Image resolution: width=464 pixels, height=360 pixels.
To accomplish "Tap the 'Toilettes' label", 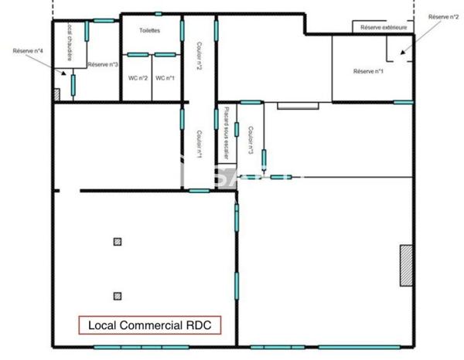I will coord(149,31).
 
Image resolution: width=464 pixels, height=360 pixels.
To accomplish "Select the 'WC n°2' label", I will coord(138,78).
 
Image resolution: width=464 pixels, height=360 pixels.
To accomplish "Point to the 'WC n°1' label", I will coord(165,78).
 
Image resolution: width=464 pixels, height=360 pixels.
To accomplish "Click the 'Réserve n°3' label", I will coord(103,65).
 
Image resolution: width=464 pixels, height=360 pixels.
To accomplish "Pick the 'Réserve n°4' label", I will coord(28,51).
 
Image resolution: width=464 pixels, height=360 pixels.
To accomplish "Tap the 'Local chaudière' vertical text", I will coord(69,42).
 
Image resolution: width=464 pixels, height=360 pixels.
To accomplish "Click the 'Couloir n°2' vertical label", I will coord(199,56).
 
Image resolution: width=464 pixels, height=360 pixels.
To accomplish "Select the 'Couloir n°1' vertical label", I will coord(199,144).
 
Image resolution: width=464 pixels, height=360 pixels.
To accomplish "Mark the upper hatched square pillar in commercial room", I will coord(117,242).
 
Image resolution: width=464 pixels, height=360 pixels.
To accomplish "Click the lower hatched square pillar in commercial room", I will coord(117,295).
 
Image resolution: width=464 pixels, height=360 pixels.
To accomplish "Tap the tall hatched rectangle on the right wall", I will coord(405,266).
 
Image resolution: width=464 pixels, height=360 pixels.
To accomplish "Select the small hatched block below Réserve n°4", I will coord(57,94).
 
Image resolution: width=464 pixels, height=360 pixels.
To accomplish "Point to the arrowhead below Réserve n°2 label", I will coord(401,53).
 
